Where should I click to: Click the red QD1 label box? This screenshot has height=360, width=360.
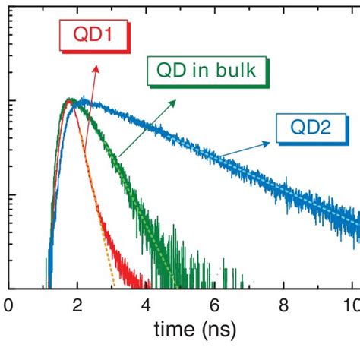click(94, 36)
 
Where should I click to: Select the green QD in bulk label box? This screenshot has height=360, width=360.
click(207, 71)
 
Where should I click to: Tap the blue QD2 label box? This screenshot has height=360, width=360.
click(312, 128)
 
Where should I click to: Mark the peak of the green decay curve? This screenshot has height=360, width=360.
click(70, 100)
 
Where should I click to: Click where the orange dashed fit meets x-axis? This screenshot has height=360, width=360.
click(115, 287)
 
